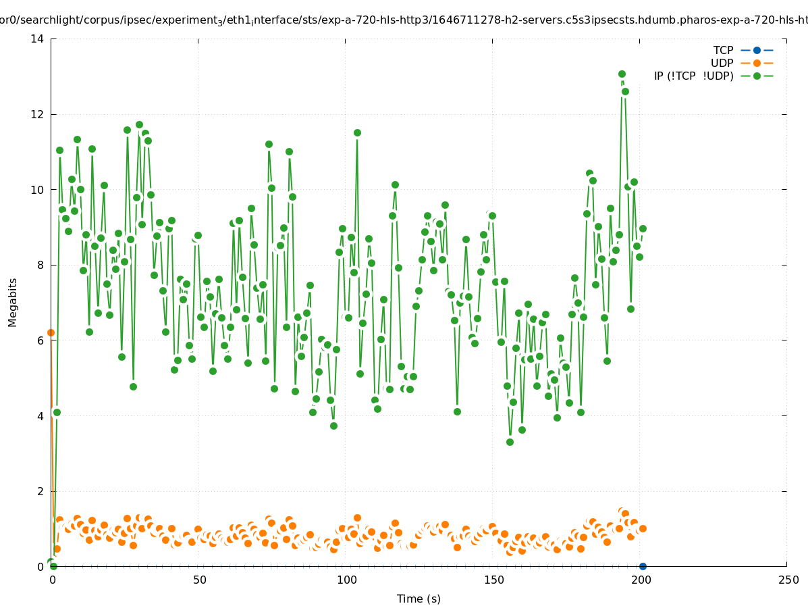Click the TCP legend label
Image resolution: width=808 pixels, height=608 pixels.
[x=723, y=50]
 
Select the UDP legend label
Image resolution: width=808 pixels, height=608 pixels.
[x=722, y=63]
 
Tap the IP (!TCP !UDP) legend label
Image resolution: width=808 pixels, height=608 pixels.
[x=693, y=76]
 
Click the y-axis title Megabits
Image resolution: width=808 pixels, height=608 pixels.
[x=13, y=302]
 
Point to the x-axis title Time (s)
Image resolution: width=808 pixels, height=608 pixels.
[x=419, y=599]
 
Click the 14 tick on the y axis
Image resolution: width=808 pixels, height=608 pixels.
[x=38, y=39]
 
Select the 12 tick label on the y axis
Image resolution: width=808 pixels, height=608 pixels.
[x=38, y=114]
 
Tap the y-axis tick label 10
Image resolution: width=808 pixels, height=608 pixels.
[x=38, y=190]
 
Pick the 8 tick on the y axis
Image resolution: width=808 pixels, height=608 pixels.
[x=41, y=265]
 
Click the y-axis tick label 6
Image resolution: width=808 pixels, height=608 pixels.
[x=41, y=340]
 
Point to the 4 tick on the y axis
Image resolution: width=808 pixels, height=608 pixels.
[x=41, y=416]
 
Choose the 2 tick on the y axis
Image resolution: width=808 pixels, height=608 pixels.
[x=41, y=491]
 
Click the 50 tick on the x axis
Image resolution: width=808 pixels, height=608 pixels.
[x=199, y=580]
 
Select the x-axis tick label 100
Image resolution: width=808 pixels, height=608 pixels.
[x=346, y=580]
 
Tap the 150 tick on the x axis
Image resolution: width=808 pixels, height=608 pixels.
[x=493, y=580]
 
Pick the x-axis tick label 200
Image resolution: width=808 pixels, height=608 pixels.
[x=641, y=580]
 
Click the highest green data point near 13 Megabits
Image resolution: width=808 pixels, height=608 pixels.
[x=622, y=74]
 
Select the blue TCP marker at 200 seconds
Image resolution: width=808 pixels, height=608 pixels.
[x=643, y=566]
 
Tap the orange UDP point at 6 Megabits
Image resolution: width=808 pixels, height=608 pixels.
[x=51, y=332]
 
